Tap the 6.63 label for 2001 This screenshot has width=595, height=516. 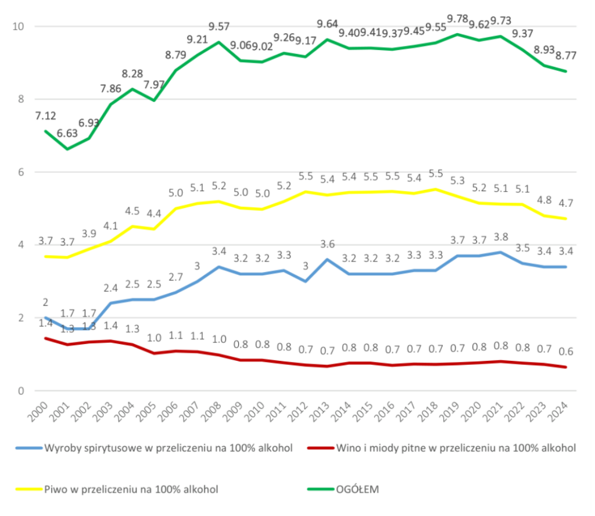[68, 134]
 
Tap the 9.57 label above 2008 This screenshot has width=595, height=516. [218, 26]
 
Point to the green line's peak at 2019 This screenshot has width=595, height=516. [458, 34]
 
